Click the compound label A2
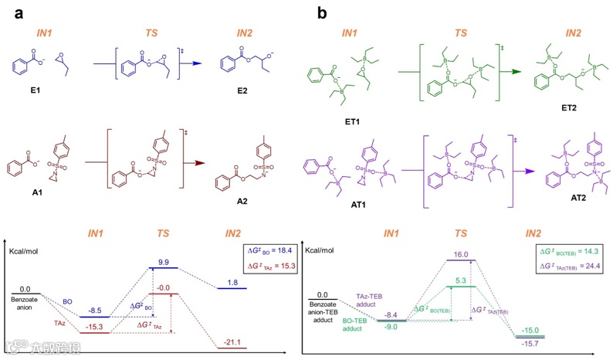(x=250, y=195)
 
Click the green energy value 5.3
(x=461, y=280)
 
